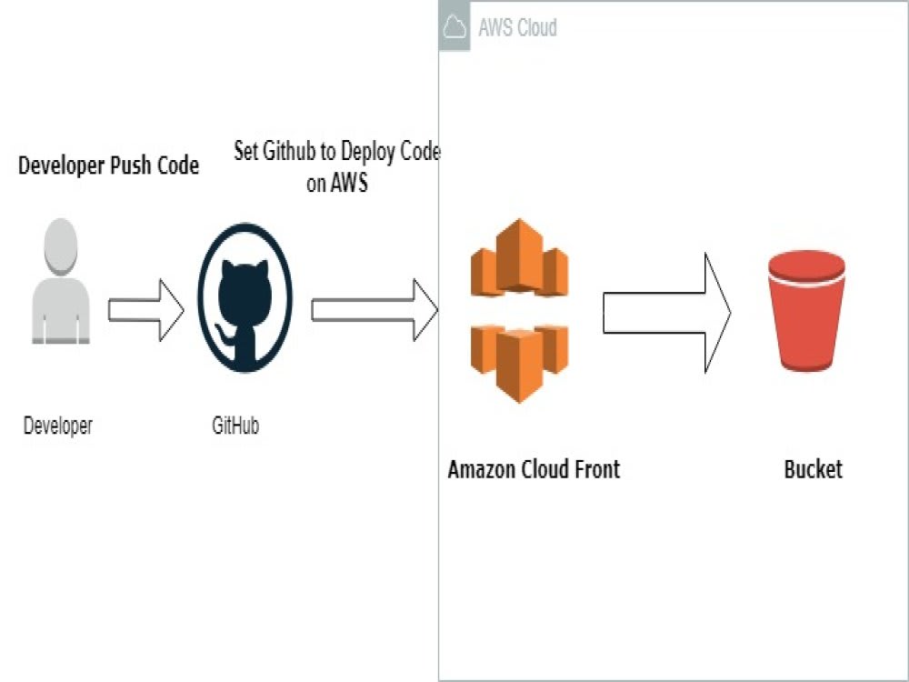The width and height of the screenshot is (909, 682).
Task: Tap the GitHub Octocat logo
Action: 245,296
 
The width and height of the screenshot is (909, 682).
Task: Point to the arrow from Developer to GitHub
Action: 145,310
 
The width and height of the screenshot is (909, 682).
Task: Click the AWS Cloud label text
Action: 517,28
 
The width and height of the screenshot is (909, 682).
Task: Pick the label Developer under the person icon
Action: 58,425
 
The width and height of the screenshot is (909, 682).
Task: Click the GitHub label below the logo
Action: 235,425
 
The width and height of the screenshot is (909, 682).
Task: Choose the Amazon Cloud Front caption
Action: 534,469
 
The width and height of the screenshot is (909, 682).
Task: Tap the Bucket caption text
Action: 813,469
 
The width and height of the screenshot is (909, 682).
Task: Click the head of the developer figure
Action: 61,246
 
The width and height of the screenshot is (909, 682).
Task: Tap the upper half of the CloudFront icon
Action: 519,259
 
